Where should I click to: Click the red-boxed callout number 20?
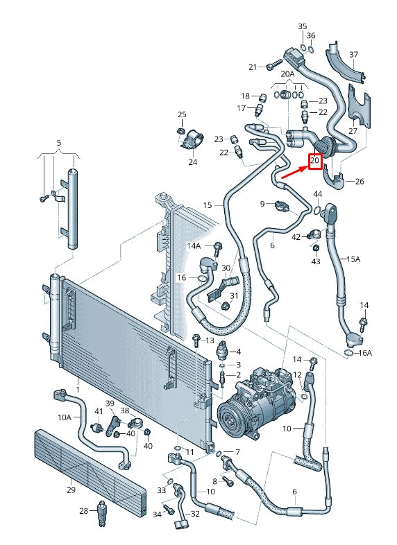pos(314,161)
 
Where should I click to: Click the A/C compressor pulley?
pos(233,419)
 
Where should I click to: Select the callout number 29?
pos(71,490)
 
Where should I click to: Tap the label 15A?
pos(354,259)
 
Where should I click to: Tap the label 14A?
pos(193,246)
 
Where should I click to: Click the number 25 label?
pos(182,114)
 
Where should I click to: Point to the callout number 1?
pos(78,390)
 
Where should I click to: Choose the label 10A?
pos(65,417)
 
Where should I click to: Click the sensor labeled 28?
pos(101,512)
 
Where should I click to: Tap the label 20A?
pos(287,74)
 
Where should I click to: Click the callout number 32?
pos(195,514)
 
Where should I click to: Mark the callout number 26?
pos(359,182)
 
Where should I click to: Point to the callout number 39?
pos(110,404)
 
